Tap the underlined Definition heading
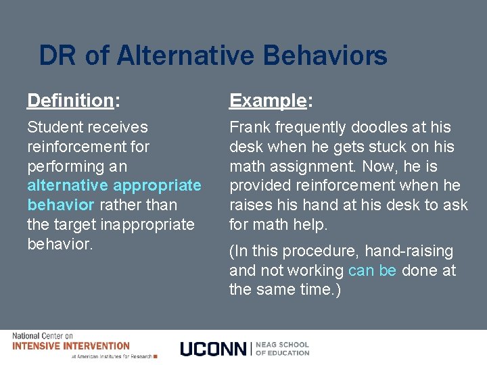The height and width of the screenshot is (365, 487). [x=70, y=101]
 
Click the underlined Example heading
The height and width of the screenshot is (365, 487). [x=268, y=101]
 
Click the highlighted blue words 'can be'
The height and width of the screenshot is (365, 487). [x=372, y=271]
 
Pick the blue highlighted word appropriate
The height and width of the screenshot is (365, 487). [x=158, y=185]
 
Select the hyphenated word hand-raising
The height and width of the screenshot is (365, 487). [x=409, y=251]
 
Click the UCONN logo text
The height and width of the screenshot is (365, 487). [x=214, y=349]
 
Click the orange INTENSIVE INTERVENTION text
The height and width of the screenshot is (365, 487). [x=71, y=346]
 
